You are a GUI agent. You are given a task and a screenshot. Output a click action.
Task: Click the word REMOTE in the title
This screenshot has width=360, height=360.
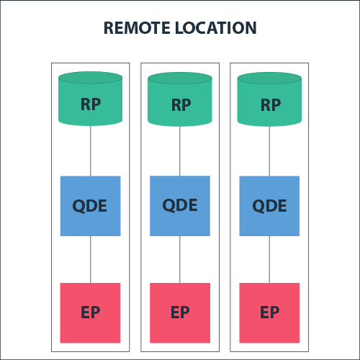coord(136,28)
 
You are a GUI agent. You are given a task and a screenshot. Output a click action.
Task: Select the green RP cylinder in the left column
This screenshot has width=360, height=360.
coord(90,99)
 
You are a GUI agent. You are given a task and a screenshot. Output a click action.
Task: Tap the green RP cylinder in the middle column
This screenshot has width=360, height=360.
coord(180,99)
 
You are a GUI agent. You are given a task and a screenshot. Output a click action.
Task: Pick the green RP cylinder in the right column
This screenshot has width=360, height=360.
coord(269,99)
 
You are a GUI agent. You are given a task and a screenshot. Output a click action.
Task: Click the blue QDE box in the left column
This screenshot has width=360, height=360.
coord(90,205)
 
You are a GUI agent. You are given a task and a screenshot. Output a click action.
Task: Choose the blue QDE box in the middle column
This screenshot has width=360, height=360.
coord(180,205)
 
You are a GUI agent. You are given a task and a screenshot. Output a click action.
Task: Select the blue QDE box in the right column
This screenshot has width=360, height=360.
coord(269,205)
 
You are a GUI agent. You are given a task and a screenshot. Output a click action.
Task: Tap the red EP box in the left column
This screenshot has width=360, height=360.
coord(90,312)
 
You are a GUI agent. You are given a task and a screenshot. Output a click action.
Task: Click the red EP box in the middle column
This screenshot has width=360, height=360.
coord(180,312)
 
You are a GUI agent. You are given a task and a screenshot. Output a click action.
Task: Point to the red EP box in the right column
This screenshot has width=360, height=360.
coord(269,312)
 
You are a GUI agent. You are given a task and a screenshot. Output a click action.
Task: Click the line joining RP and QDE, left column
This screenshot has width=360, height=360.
coord(90,150)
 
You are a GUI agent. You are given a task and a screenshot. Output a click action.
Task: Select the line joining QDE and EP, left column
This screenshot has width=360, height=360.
coord(90,259)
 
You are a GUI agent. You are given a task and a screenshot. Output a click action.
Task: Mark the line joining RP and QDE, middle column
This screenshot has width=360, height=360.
coord(180,150)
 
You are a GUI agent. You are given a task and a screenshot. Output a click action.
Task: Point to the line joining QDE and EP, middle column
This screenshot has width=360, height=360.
coord(180,259)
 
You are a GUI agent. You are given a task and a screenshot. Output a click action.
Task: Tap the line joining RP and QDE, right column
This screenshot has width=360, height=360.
coord(269,150)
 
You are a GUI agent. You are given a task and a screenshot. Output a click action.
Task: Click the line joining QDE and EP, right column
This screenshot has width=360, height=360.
coord(269,259)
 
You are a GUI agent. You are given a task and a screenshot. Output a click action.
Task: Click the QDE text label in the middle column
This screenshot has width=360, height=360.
coord(180,205)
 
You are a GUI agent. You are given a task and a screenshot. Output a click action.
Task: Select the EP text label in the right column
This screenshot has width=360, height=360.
coord(269,313)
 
